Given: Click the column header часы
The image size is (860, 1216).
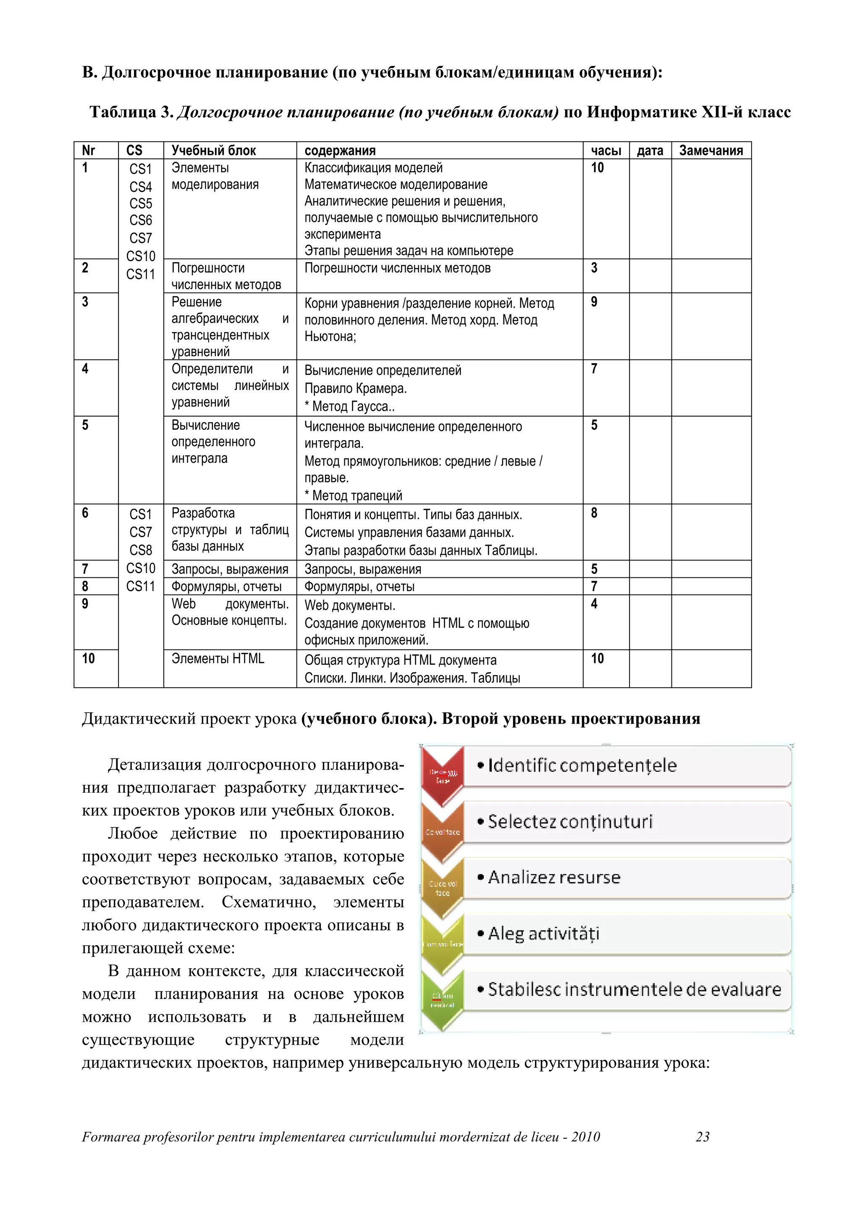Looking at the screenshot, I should coord(606,150).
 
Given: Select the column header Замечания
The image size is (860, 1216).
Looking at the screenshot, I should coord(711,150).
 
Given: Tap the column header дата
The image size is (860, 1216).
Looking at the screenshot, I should coord(650,150).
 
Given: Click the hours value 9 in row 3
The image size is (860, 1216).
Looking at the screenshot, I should coord(594,302).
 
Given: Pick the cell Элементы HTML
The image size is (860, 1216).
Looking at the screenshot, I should coord(218,658).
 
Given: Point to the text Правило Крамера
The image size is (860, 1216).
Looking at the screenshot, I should coord(355,388).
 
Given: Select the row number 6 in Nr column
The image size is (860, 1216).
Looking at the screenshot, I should coord(85,513).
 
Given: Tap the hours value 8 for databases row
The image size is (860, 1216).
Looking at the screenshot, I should coord(594,513).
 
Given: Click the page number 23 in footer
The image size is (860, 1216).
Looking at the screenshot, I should coord(702,1137).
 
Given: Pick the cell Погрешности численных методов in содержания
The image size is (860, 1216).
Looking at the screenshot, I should coord(397,268).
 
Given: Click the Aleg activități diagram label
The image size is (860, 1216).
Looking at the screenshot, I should coord(543,933).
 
